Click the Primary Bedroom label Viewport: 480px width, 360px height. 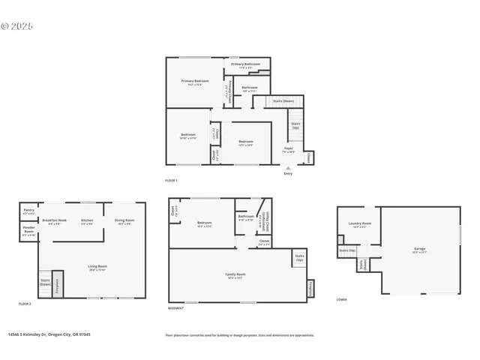tap(195, 82)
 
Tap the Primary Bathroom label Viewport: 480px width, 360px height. tap(245, 66)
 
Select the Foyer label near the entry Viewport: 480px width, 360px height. tap(288, 150)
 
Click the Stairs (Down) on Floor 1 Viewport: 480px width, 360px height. tap(283, 100)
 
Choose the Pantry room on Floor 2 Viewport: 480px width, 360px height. tap(28, 211)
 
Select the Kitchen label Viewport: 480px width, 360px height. tap(87, 221)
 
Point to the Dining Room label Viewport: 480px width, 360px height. tap(124, 221)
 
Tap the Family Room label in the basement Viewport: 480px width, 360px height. tap(236, 275)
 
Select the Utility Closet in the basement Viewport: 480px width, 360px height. tap(260, 223)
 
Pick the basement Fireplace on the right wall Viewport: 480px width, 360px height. tap(309, 288)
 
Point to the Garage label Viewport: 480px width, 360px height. tap(419, 250)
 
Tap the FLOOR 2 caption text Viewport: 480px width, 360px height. tap(25, 303)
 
